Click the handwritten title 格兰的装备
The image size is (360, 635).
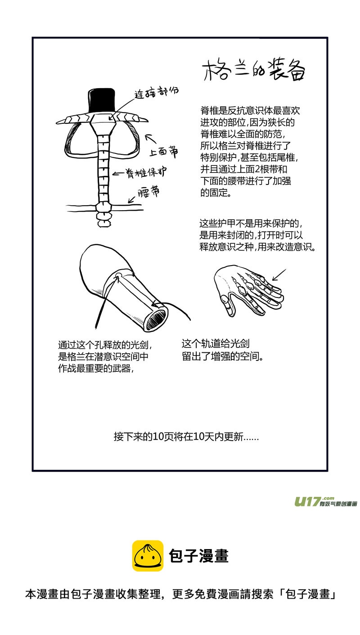pyautogui.click(x=254, y=70)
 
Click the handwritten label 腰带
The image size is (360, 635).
pyautogui.click(x=148, y=192)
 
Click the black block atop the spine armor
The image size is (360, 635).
pyautogui.click(x=102, y=101)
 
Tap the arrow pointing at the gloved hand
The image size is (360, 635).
pyautogui.click(x=279, y=275)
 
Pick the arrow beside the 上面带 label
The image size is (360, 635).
pyautogui.click(x=151, y=138)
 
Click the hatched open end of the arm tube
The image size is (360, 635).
pyautogui.click(x=156, y=319)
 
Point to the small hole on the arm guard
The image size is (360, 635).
pyautogui.click(x=119, y=275)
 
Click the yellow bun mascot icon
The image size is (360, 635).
pyautogui.click(x=148, y=556)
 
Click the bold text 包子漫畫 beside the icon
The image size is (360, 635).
pyautogui.click(x=199, y=556)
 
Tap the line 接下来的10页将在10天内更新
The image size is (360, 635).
pyautogui.click(x=186, y=437)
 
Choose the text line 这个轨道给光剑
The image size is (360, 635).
pyautogui.click(x=216, y=343)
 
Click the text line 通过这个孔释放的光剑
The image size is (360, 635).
pyautogui.click(x=105, y=345)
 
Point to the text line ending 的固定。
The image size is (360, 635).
pyautogui.click(x=216, y=193)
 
